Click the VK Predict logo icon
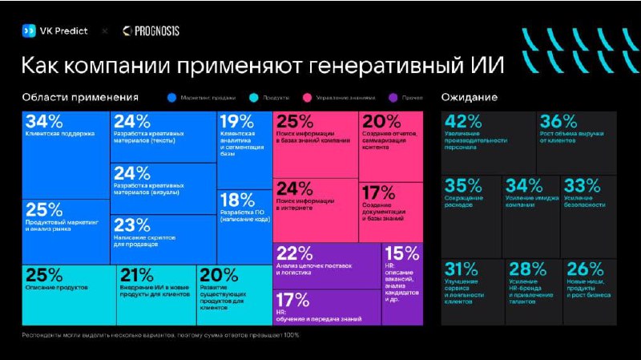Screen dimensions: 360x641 point(28,30)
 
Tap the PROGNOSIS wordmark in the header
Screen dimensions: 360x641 point(156,30)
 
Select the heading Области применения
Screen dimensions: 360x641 point(80,97)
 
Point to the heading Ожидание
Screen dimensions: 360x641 point(469,97)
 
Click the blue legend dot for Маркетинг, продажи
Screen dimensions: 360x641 point(171,98)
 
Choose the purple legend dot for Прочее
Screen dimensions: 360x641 point(392,98)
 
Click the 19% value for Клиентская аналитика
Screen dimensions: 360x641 point(236,122)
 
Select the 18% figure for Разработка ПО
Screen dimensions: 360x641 point(236,200)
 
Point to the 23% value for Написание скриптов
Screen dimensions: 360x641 point(132,225)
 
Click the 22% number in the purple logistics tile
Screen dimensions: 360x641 point(293,253)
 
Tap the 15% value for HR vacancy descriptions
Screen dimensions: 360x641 point(401,253)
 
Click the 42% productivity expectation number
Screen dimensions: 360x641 point(462,122)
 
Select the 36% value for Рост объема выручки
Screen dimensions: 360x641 point(558,122)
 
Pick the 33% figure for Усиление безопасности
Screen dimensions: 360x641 point(583,186)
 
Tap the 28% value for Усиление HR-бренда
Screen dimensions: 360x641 point(527,269)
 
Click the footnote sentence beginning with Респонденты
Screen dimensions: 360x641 point(160,334)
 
